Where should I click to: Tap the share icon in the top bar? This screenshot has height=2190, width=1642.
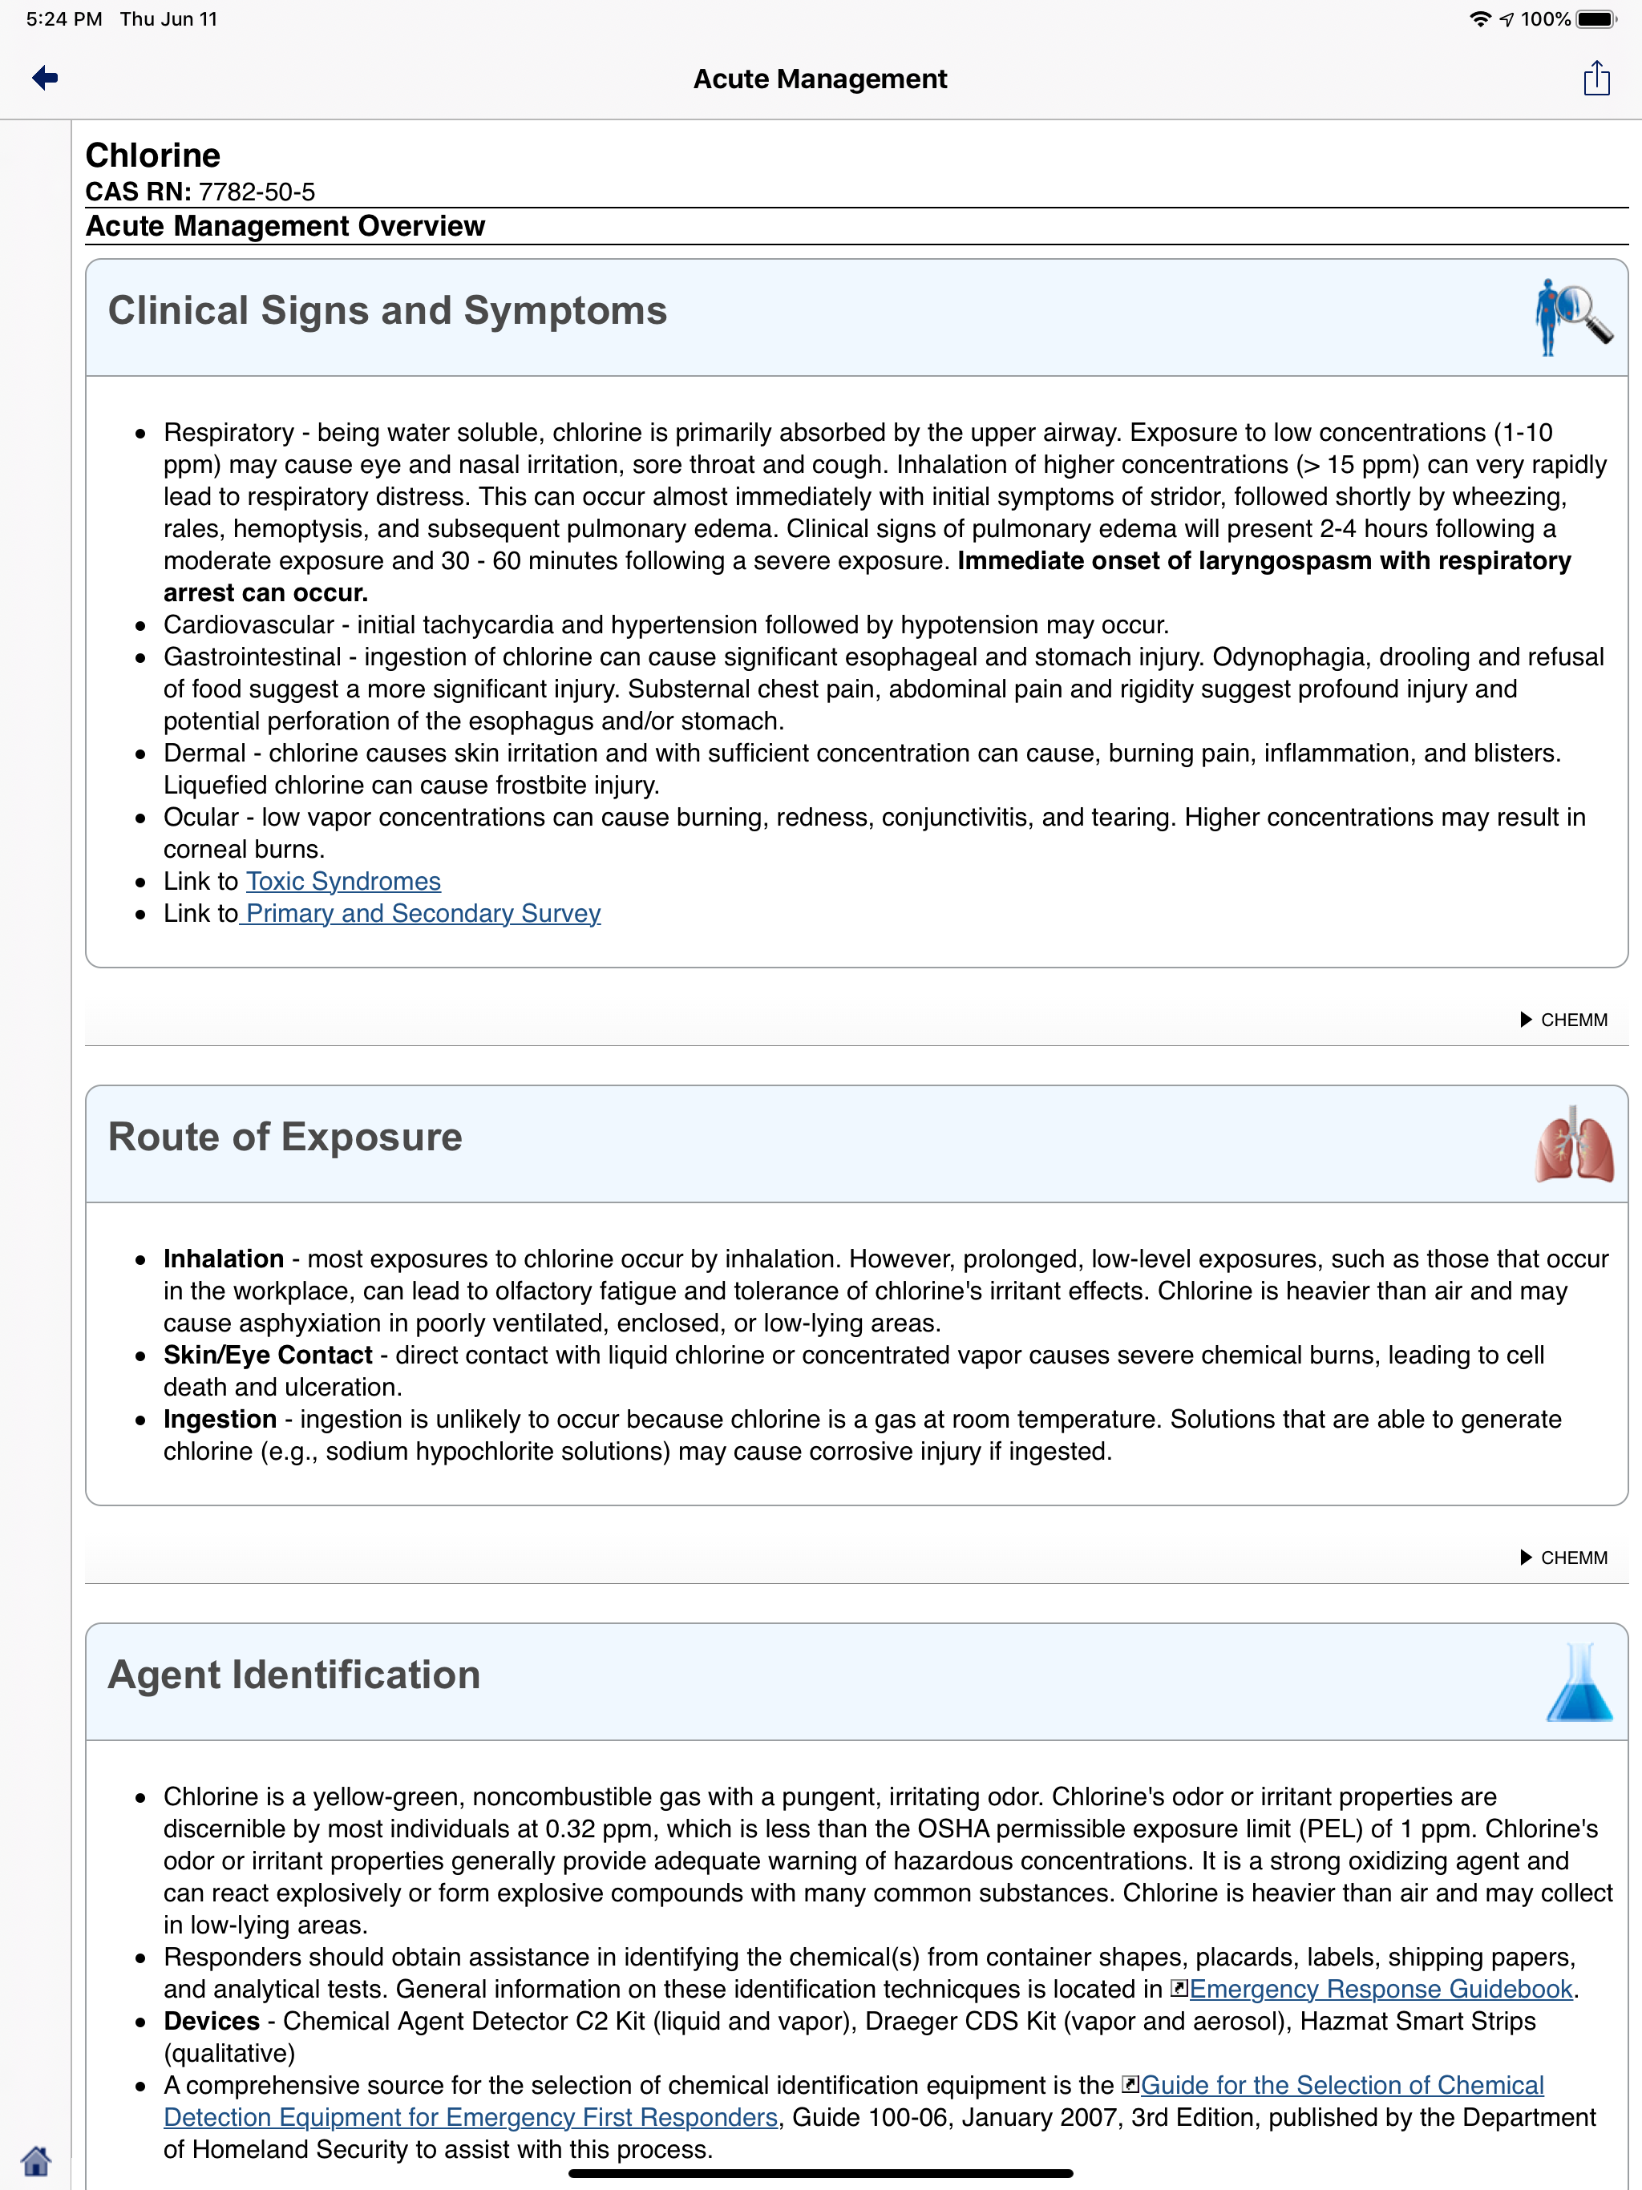pos(1595,79)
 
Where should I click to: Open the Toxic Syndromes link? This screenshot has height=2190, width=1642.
pos(342,881)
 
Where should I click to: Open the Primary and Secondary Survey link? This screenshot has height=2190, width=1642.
pos(423,913)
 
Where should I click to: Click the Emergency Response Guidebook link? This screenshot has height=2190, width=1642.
pos(1380,1989)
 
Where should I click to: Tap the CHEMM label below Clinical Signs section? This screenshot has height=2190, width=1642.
pos(1573,1020)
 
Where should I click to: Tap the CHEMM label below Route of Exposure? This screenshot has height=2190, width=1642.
pos(1573,1558)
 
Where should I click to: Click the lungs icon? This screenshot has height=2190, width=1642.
pos(1573,1146)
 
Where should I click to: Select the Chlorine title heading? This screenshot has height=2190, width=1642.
pos(152,156)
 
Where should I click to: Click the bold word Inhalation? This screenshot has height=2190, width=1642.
pos(224,1259)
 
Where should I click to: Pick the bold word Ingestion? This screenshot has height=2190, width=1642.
pos(220,1419)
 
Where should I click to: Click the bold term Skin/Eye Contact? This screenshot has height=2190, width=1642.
pos(268,1355)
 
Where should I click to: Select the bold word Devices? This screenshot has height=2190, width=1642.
pos(212,2021)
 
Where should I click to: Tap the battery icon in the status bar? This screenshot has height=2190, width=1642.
pos(1595,18)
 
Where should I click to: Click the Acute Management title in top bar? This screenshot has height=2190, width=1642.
pos(820,79)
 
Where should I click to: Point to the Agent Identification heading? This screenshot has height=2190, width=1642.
pos(294,1675)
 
